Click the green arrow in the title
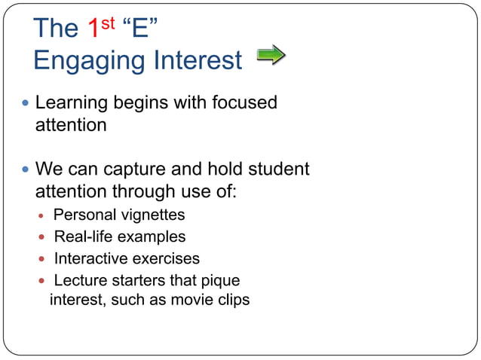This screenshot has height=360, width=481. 271,55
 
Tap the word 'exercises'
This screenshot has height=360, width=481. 166,258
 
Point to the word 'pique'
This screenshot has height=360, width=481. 220,281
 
